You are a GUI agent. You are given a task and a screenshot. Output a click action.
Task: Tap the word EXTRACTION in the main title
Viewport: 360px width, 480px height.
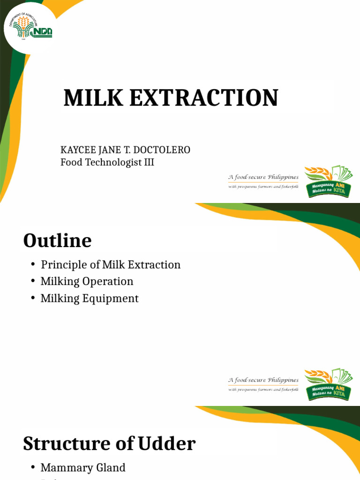(x=200, y=98)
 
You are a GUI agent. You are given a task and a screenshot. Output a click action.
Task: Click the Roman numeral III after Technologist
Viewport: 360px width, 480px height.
(x=148, y=163)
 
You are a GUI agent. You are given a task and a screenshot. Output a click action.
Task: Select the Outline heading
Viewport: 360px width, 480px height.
(x=57, y=241)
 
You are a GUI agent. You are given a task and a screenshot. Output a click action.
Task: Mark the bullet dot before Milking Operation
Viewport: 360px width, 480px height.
(x=33, y=281)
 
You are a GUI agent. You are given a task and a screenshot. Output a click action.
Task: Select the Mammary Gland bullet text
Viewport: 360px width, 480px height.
(x=83, y=467)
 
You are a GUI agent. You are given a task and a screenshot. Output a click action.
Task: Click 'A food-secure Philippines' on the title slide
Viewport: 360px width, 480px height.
(x=263, y=177)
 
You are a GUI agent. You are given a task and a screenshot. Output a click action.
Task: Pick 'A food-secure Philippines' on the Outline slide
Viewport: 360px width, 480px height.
(x=263, y=380)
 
